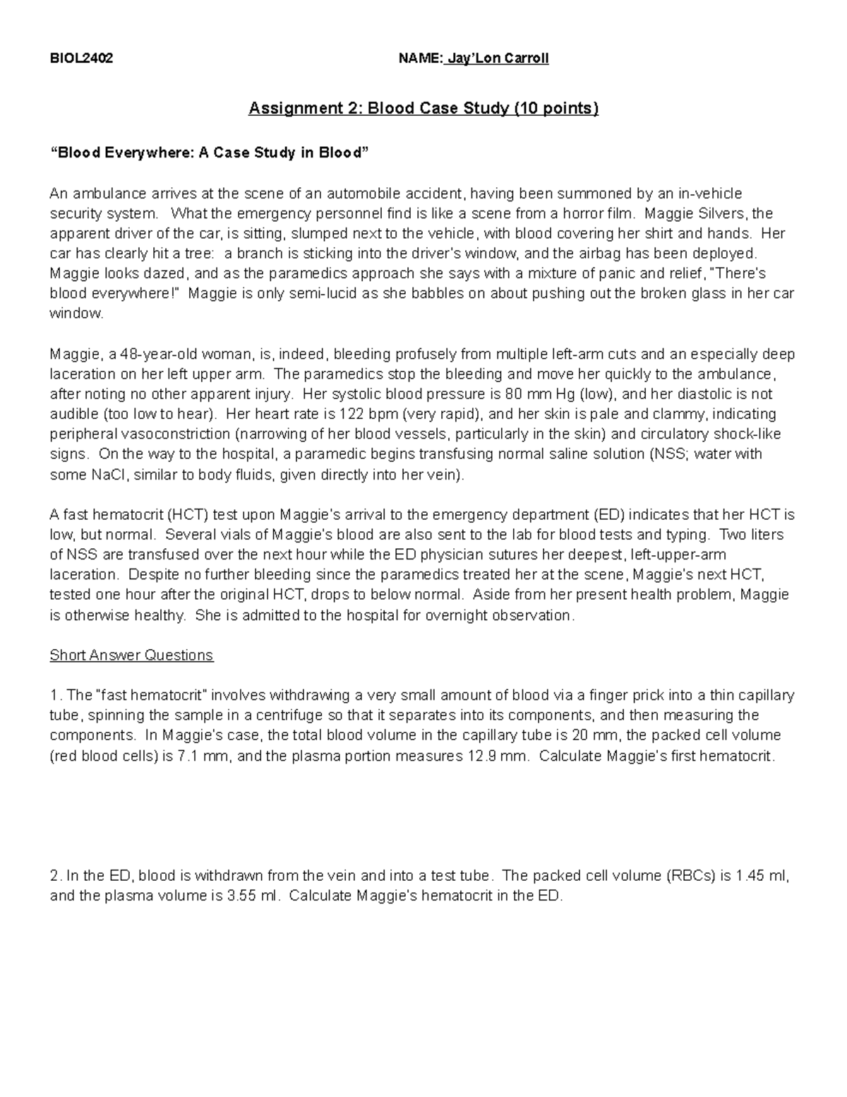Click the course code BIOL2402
tap(81, 59)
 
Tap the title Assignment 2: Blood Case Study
tap(423, 109)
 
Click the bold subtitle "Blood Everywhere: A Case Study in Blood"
tap(209, 153)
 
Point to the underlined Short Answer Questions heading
tap(131, 656)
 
